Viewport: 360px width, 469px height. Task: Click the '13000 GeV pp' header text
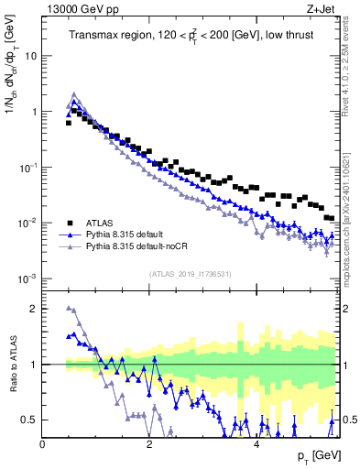click(81, 9)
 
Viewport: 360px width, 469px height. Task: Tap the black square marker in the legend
click(70, 222)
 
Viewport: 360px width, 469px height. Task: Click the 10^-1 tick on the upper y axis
click(27, 167)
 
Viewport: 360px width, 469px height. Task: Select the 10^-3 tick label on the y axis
click(27, 278)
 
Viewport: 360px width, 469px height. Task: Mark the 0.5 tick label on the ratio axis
click(29, 420)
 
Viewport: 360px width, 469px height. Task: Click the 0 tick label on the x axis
click(43, 443)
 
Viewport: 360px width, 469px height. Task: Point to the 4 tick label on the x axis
click(256, 443)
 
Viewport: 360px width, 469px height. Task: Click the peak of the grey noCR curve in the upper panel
click(74, 93)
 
